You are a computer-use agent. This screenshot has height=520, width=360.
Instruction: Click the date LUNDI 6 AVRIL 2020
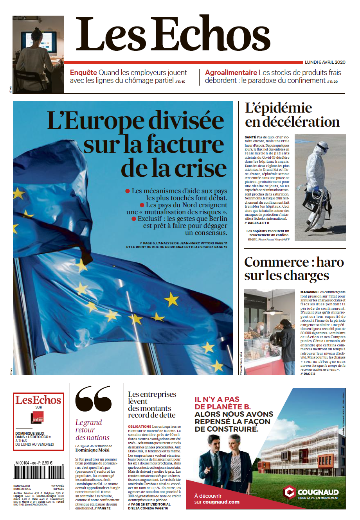[x=325, y=62]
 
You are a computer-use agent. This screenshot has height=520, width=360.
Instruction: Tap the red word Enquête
[x=83, y=73]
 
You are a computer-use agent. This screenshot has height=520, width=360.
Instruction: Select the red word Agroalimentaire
[x=231, y=73]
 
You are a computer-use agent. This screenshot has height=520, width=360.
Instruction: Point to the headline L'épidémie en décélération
[x=292, y=115]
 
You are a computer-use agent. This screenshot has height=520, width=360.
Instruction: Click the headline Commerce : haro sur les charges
[x=293, y=269]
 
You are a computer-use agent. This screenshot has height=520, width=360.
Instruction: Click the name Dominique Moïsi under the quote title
[x=92, y=450]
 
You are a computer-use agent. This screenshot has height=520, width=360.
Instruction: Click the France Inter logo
[x=38, y=418]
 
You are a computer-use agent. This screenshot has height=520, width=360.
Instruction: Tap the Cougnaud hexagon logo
[x=290, y=492]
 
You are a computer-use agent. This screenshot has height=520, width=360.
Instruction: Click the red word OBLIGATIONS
[x=139, y=427]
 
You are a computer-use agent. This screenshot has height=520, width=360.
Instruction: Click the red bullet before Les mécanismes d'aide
[x=127, y=191]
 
